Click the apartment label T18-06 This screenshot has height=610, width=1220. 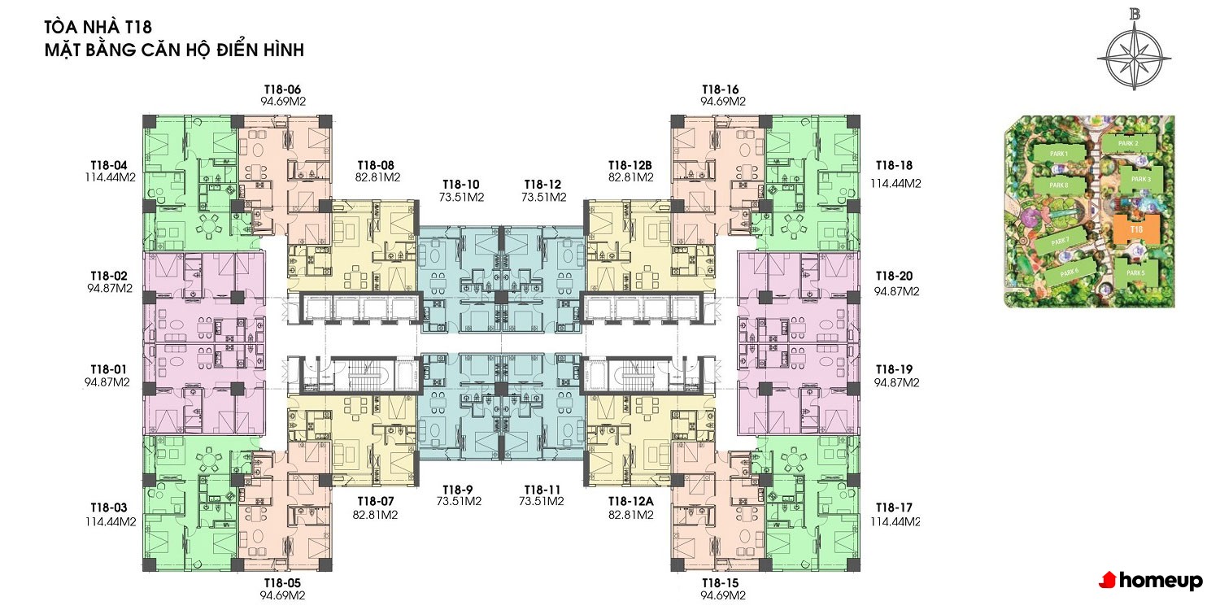coord(282,89)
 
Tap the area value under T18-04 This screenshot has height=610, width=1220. coord(110,177)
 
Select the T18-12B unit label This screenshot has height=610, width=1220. coord(630,165)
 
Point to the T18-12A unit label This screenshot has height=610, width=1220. coord(630,501)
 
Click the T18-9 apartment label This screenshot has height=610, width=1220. coord(457,490)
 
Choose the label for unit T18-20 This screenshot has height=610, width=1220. coord(895,277)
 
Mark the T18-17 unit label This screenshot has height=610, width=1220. coord(894,508)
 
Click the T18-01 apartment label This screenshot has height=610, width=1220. coord(108,369)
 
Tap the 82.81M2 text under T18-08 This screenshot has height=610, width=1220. coord(377,177)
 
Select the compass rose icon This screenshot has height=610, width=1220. coord(1134,57)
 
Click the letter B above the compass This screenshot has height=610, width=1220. coord(1135,14)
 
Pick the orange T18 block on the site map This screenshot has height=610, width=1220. coord(1135,229)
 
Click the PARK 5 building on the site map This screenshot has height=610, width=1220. coord(1135,272)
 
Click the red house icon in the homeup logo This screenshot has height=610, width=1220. coord(1107,580)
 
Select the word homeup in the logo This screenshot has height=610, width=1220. coord(1161,582)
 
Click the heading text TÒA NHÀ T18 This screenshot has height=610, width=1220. coord(98,27)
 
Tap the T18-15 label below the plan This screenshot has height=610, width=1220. coord(720,583)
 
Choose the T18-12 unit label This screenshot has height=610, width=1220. coord(542,185)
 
